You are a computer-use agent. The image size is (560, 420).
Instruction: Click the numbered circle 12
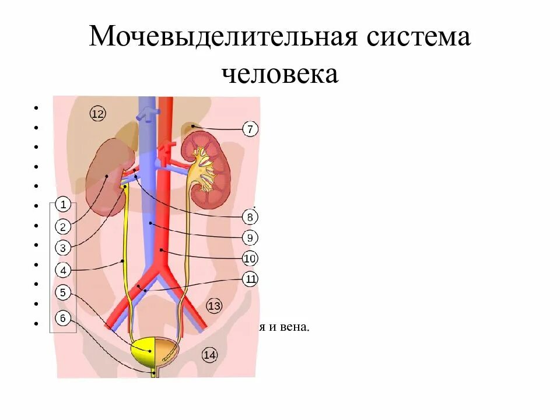click(97, 114)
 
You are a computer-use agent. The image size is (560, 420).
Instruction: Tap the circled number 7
click(250, 129)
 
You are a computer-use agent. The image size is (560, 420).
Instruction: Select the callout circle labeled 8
click(250, 218)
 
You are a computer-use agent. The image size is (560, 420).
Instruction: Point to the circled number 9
click(250, 238)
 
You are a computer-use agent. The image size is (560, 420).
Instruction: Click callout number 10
click(250, 258)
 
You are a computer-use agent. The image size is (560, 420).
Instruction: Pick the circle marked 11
click(250, 279)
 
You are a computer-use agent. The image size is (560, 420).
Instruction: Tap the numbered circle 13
click(213, 306)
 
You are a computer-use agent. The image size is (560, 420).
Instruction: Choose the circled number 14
click(209, 354)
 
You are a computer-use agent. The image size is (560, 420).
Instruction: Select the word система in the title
click(418, 38)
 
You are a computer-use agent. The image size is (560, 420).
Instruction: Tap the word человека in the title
click(280, 74)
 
